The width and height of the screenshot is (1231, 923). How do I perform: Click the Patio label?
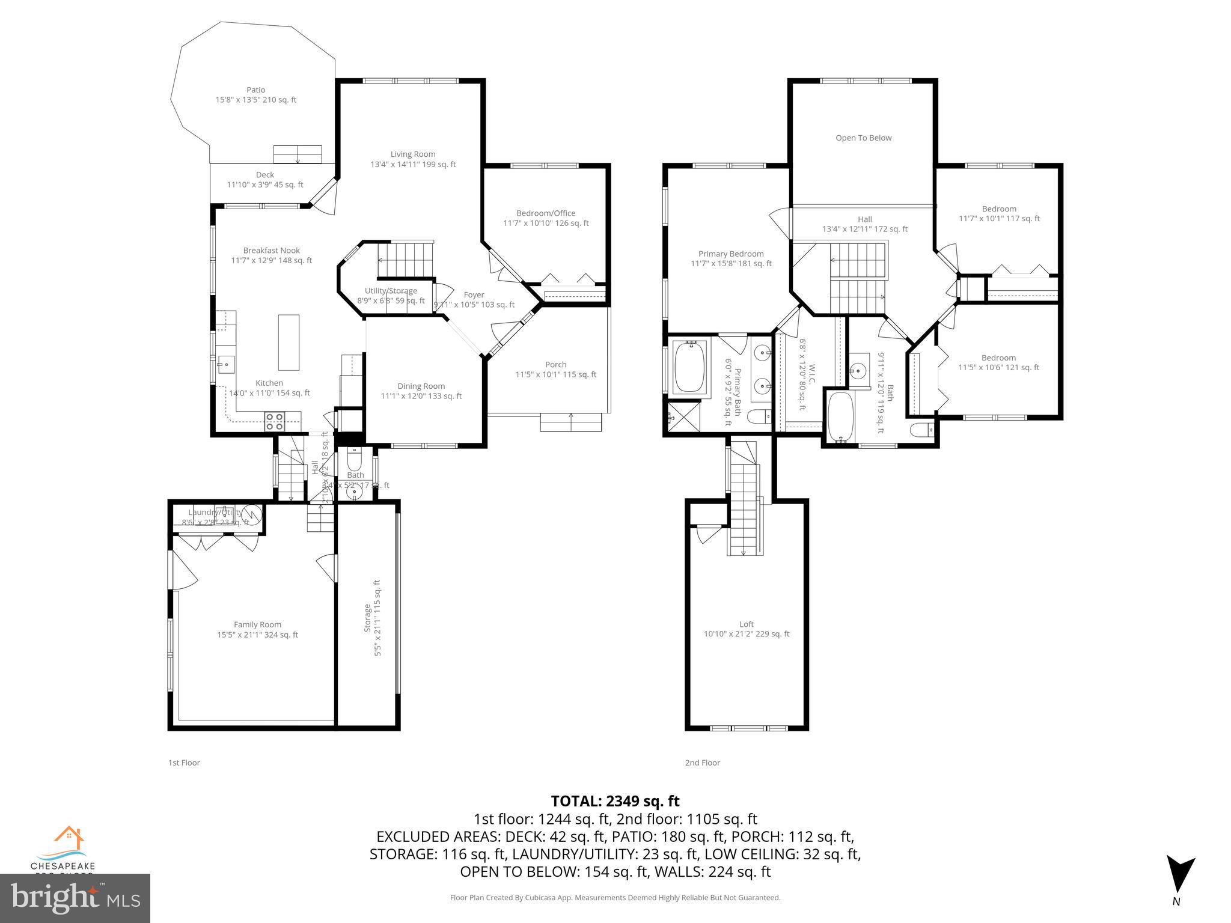tap(256, 95)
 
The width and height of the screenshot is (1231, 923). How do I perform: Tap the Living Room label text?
tap(413, 159)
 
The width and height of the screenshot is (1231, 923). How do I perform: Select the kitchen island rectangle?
tap(289, 343)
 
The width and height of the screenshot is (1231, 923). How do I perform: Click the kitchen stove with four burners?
tap(275, 421)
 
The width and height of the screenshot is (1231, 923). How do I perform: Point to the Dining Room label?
tap(421, 391)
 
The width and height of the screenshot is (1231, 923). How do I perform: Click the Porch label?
tap(555, 369)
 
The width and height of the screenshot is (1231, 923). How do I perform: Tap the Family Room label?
tap(257, 629)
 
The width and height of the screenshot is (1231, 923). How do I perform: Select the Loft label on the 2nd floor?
tap(747, 629)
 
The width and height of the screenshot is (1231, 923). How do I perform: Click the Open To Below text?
tap(863, 138)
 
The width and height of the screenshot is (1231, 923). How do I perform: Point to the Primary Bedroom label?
tap(731, 258)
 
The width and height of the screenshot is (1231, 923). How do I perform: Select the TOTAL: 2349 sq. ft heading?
tap(615, 801)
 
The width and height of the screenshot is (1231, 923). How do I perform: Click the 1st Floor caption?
tap(184, 763)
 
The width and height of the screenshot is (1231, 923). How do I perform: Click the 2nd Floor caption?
tap(702, 763)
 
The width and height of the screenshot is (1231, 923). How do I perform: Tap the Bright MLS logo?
tap(75, 898)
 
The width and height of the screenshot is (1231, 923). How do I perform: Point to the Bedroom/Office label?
tap(546, 218)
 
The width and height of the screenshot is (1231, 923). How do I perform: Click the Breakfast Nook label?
tap(272, 255)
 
